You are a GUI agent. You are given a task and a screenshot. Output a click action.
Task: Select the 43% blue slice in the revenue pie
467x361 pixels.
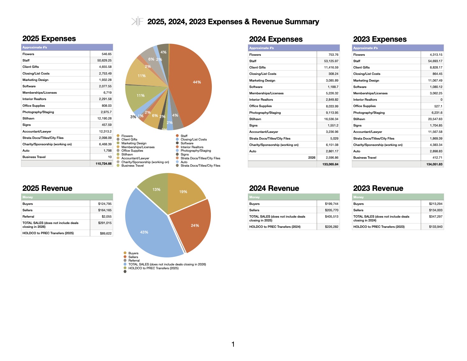click(x=147, y=229)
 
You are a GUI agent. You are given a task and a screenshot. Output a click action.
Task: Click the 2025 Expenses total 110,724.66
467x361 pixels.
click(x=104, y=163)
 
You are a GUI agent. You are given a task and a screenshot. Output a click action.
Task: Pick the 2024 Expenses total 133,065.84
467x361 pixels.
click(x=330, y=164)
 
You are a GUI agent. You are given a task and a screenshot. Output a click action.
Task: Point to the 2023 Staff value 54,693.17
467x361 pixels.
click(x=435, y=61)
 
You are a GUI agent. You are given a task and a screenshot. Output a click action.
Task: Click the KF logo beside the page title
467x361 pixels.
click(x=137, y=22)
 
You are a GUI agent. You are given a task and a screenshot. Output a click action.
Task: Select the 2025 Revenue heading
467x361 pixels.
click(x=47, y=188)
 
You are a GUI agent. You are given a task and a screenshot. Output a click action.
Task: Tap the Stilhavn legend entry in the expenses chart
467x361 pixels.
click(x=127, y=155)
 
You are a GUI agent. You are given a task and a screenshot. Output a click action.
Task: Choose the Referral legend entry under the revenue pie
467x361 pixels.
click(x=134, y=261)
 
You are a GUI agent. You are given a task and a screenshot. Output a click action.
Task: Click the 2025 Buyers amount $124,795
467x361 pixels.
click(x=105, y=204)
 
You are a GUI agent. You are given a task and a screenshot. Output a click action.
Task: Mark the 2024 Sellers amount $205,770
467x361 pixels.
click(x=332, y=210)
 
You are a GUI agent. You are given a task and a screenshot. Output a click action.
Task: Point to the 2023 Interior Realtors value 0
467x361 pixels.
click(x=441, y=100)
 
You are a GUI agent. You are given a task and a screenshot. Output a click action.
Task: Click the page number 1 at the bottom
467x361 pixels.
click(x=233, y=344)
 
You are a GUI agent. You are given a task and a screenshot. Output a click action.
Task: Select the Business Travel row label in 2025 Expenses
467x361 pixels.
click(x=34, y=157)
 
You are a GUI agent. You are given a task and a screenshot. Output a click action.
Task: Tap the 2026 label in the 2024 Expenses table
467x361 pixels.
click(x=312, y=158)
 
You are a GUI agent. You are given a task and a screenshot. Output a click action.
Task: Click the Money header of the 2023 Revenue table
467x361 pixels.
click(x=358, y=197)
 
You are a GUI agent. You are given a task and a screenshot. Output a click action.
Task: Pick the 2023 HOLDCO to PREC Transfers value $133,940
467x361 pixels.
click(x=435, y=227)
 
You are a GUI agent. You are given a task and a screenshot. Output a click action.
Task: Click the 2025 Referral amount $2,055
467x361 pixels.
click(x=106, y=217)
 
